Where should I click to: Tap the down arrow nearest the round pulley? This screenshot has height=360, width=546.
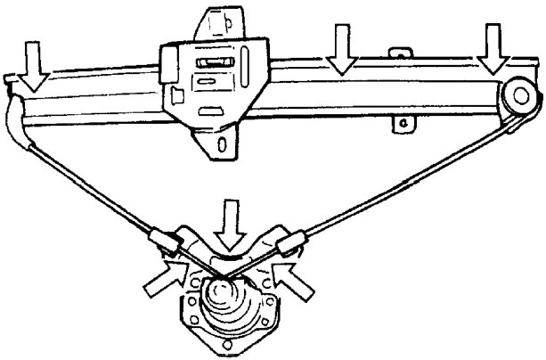point(493,49)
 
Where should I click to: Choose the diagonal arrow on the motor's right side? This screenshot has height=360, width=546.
point(297,277)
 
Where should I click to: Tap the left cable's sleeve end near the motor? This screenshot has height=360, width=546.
point(162,239)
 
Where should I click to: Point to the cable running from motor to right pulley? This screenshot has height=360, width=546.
point(401,178)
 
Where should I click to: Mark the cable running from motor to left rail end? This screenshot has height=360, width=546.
point(89,183)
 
